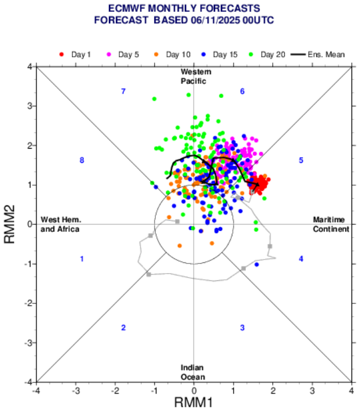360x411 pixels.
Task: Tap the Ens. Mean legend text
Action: pyautogui.click(x=325, y=54)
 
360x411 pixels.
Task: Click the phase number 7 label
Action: pyautogui.click(x=123, y=91)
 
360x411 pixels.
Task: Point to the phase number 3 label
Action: pyautogui.click(x=242, y=328)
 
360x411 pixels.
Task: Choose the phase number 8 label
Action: pyautogui.click(x=82, y=160)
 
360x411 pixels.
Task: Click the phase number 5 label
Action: pyautogui.click(x=301, y=160)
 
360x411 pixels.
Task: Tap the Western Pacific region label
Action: pyautogui.click(x=194, y=77)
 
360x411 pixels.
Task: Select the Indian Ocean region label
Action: pyautogui.click(x=193, y=372)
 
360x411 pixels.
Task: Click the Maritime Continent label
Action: pyautogui.click(x=331, y=224)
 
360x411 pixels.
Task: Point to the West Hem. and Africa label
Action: pyautogui.click(x=60, y=224)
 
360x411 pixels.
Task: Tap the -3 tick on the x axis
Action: pyautogui.click(x=76, y=390)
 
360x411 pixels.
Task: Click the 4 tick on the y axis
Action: pyautogui.click(x=29, y=67)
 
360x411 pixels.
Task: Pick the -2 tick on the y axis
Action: pyautogui.click(x=27, y=303)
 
